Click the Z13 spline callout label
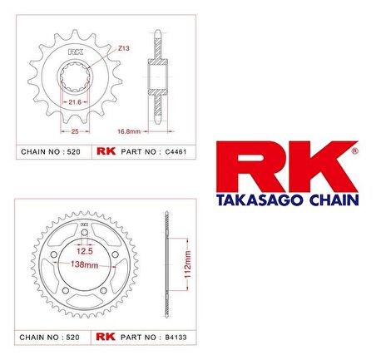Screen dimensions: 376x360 (x=124, y=48)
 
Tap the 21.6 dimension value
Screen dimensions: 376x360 (x=75, y=102)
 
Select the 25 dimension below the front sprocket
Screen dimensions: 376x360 (x=75, y=131)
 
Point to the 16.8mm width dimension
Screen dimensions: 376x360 (x=129, y=131)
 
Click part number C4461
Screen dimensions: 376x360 (x=176, y=152)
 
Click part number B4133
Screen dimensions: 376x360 (x=176, y=338)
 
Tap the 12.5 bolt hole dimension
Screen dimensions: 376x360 (x=85, y=251)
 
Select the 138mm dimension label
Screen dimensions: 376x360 (x=84, y=264)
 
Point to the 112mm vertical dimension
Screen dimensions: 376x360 (x=188, y=264)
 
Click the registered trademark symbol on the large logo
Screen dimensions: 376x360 (x=354, y=151)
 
